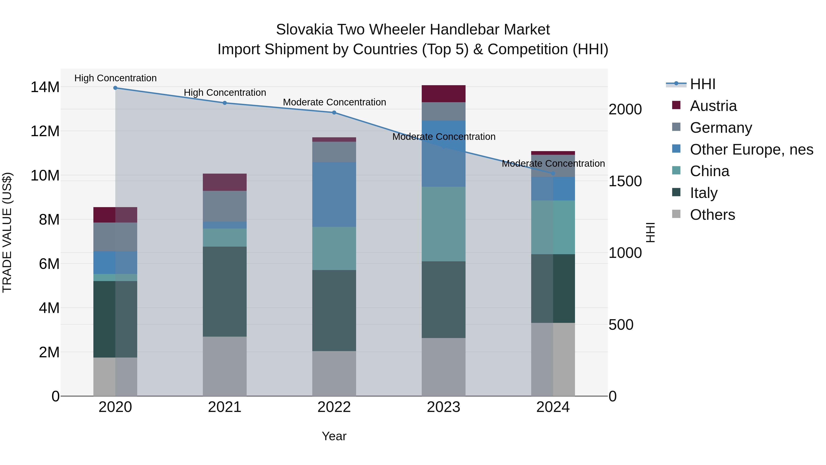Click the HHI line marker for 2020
tap(115, 88)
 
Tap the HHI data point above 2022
tap(334, 113)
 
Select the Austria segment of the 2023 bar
tap(444, 94)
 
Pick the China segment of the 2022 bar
tap(334, 248)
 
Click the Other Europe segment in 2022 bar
tap(334, 194)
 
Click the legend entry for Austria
tap(713, 106)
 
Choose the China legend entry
tap(709, 171)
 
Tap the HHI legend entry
tap(702, 84)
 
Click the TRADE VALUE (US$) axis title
tap(7, 232)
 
